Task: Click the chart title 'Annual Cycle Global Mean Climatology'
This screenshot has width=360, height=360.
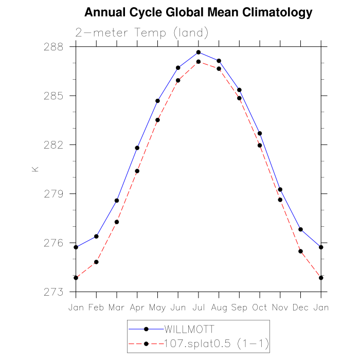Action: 198,12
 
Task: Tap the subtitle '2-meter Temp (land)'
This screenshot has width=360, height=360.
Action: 142,33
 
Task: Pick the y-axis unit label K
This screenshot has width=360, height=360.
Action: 35,169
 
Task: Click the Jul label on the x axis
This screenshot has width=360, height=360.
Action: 199,308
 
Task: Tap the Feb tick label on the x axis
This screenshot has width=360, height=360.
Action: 96,308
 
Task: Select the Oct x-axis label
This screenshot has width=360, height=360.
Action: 260,308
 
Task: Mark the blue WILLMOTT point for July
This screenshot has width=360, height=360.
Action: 199,52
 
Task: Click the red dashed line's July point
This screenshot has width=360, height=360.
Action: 199,62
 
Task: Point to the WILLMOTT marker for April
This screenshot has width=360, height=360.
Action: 137,148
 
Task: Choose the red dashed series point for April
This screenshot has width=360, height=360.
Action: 137,171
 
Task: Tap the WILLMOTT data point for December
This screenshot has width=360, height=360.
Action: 300,229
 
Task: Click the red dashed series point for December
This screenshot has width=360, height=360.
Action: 300,251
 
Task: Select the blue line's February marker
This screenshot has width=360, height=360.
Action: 96,237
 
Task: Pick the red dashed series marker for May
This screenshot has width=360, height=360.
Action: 158,120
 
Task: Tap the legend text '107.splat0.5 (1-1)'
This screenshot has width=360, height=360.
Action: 216,343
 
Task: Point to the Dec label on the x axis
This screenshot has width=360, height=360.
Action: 300,308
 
